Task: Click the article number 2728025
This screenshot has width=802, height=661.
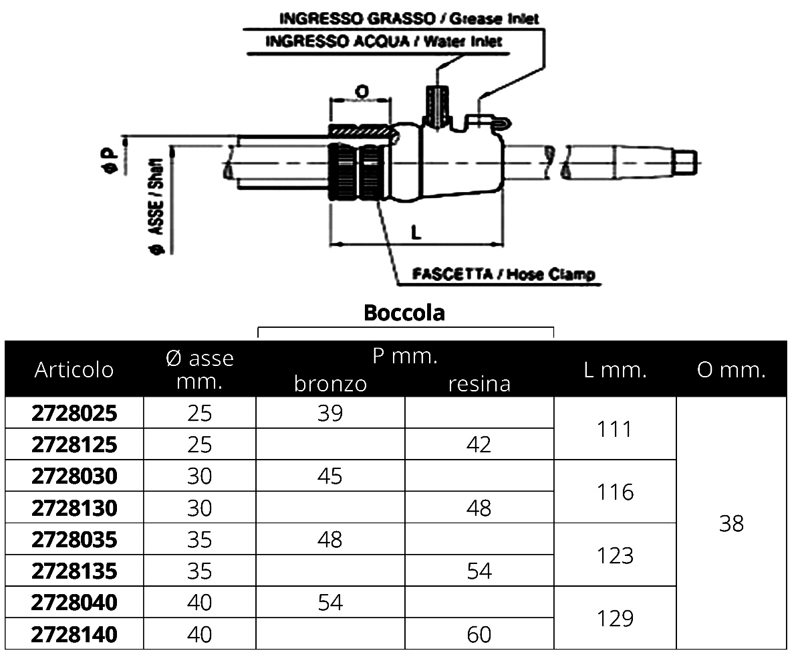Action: point(74,413)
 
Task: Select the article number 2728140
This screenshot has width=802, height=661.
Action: point(74,634)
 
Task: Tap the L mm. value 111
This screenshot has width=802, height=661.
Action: point(615,429)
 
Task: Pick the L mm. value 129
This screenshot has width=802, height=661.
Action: point(615,618)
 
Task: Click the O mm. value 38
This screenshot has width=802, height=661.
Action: point(731,523)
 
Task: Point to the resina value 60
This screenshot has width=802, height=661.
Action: point(479,634)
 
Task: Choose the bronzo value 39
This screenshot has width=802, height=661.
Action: point(330,413)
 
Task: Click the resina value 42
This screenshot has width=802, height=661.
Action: point(479,445)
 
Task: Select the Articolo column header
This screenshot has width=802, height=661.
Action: point(74,369)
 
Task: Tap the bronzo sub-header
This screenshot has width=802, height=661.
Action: point(330,383)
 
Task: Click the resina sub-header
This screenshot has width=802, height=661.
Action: point(479,383)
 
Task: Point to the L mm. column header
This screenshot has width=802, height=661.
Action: point(615,369)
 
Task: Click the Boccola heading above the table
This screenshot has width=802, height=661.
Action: point(404,312)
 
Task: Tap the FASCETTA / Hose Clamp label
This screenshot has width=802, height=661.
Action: point(504,274)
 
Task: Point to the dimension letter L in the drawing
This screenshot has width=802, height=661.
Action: point(416,231)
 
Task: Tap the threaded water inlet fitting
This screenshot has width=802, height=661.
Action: point(435,104)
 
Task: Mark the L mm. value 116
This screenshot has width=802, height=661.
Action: point(615,492)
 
